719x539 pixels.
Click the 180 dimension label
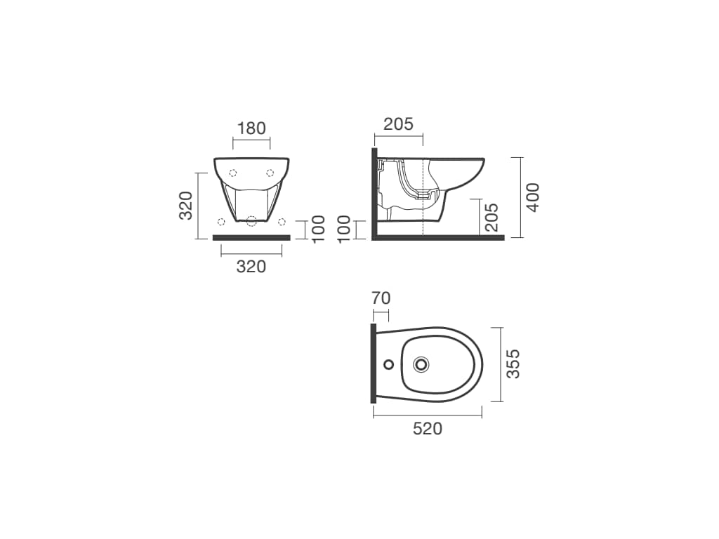click(x=251, y=128)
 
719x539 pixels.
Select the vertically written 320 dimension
click(x=185, y=206)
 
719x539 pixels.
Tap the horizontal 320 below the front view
click(x=251, y=266)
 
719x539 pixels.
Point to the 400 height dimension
click(x=532, y=197)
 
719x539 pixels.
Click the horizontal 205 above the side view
click(x=399, y=124)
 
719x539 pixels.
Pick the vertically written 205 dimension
click(x=491, y=217)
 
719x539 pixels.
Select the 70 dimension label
click(x=381, y=298)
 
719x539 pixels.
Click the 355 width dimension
click(x=513, y=364)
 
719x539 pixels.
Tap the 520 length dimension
click(x=428, y=429)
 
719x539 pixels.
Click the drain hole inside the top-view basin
click(x=421, y=365)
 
